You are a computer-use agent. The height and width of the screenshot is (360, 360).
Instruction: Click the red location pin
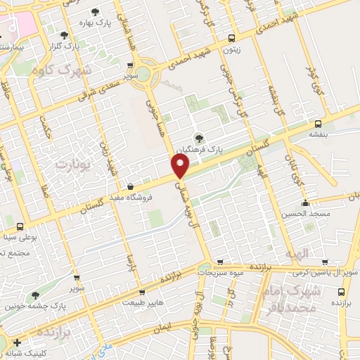tap(181, 165)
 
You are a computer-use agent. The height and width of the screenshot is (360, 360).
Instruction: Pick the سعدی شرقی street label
tap(102, 84)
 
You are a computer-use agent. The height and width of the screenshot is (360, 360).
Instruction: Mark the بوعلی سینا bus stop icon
tap(19, 226)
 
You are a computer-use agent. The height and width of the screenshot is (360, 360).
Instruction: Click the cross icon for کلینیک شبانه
tap(17, 342)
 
